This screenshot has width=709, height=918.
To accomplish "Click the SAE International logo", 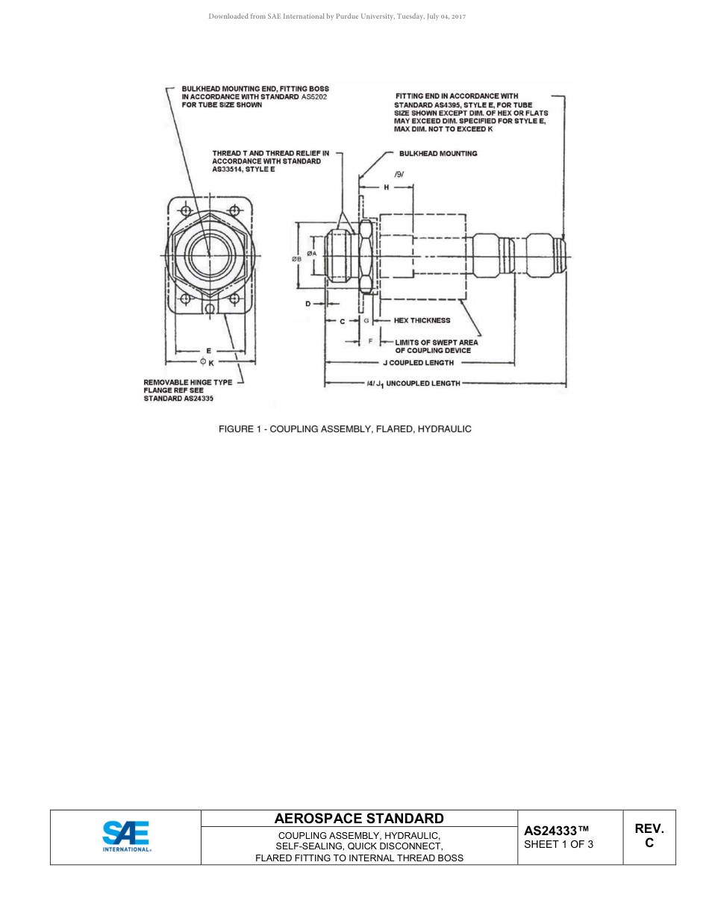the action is pos(126,837).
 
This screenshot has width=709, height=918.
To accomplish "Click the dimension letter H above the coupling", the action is pos(386,187).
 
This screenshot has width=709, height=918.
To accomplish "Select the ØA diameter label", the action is pos(312,253).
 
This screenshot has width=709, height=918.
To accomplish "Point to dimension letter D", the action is pos(307,304).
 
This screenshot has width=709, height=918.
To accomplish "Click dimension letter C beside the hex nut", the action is pos(342,321).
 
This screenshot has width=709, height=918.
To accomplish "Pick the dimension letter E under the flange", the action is pos(208,350).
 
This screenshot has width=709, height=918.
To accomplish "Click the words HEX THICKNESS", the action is pos(422,320).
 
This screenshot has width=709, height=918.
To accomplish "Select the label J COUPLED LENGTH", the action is pos(418,363).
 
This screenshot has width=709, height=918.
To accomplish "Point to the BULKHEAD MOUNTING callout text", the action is pos(438,154).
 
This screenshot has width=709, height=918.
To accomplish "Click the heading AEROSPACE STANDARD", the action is pos(359,819).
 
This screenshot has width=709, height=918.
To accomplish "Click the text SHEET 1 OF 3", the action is pos(559,845).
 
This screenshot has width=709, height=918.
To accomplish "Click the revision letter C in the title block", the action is pos(649,843).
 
